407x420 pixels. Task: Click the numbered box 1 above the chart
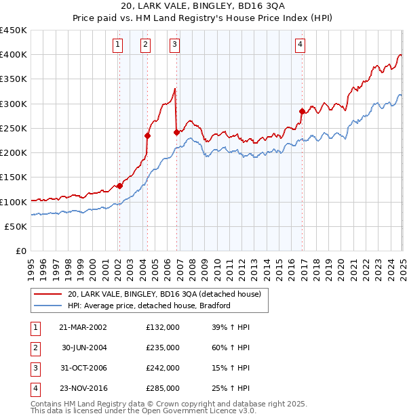(x=118, y=45)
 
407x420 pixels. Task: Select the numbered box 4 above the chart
(x=300, y=45)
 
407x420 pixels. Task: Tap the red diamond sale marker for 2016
(x=302, y=111)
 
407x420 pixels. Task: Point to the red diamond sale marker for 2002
(x=119, y=186)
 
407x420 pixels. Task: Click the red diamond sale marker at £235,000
(x=147, y=135)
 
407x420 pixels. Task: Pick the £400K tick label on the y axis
(x=14, y=55)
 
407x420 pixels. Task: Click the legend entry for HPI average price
(x=149, y=306)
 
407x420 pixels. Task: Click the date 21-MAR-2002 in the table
(x=83, y=327)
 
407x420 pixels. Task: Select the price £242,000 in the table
(x=163, y=368)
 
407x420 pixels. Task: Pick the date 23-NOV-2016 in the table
(x=83, y=388)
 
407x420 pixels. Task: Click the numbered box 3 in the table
(x=34, y=368)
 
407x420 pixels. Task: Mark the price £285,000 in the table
(x=163, y=388)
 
